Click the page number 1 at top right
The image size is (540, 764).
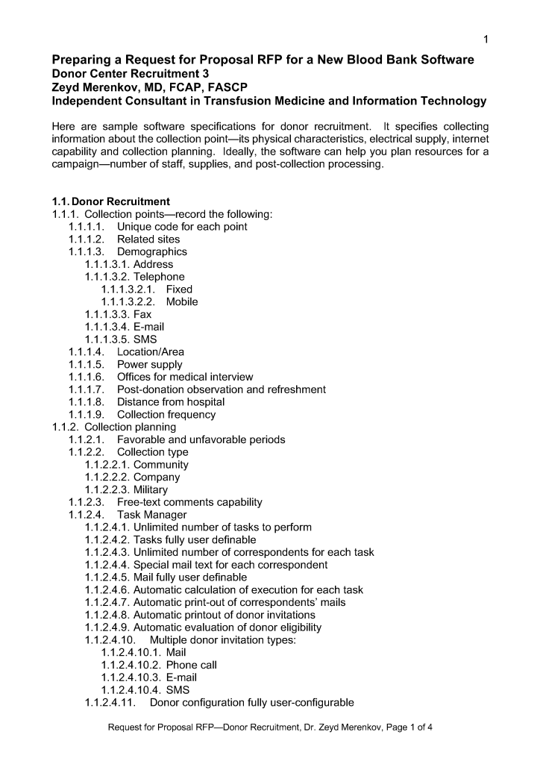coord(486,39)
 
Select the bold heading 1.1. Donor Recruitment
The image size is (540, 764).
coord(110,201)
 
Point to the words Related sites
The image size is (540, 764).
coord(148,239)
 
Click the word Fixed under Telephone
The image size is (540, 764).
coord(179,289)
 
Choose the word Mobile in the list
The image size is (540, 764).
coord(182,302)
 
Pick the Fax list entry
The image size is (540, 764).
coord(142,315)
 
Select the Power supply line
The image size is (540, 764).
coord(150,365)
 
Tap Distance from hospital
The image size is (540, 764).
coord(171,402)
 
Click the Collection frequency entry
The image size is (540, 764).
coord(166,415)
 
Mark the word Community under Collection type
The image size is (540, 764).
coord(161,465)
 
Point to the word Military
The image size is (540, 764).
coord(151,490)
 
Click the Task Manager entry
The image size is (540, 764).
coord(152,515)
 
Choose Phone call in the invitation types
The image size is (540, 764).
coord(192,665)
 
